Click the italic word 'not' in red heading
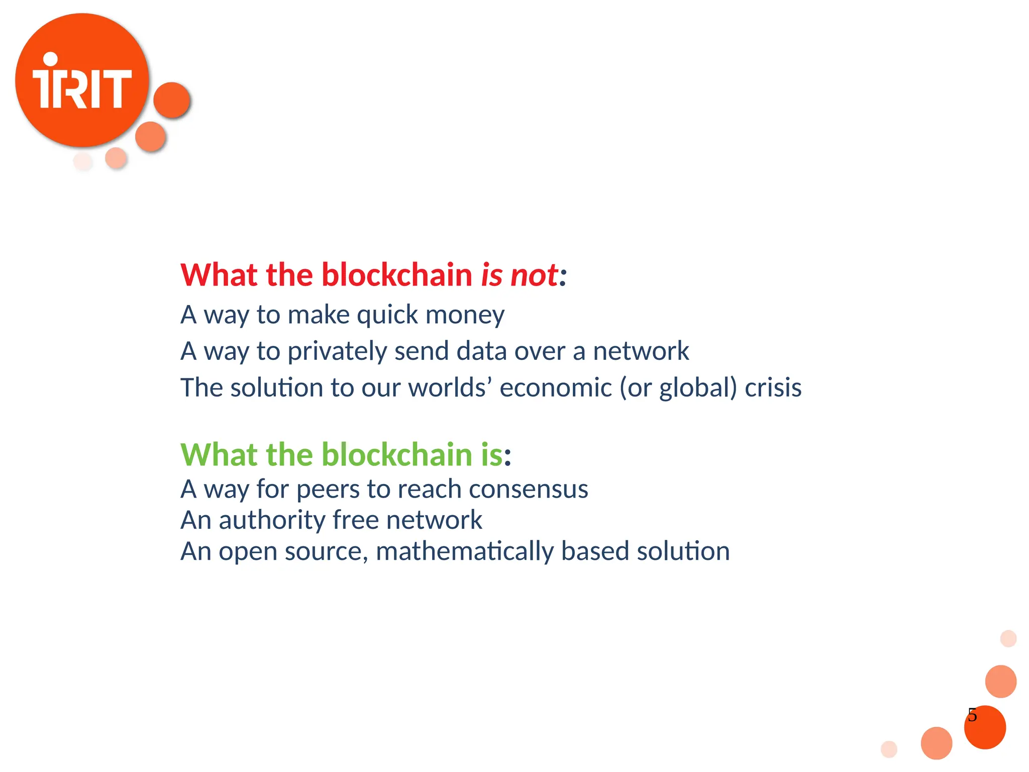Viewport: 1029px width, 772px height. [534, 275]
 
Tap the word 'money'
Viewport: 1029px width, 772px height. [465, 315]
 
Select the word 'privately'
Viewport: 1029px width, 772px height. [337, 352]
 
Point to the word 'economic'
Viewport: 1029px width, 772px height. [556, 388]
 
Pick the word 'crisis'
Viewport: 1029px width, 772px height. [773, 388]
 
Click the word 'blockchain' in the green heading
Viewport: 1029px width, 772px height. [396, 454]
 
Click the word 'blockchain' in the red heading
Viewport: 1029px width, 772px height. [396, 275]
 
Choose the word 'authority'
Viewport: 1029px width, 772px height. [272, 521]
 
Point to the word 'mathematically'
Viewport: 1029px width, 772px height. [464, 552]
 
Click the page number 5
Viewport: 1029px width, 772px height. [972, 715]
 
